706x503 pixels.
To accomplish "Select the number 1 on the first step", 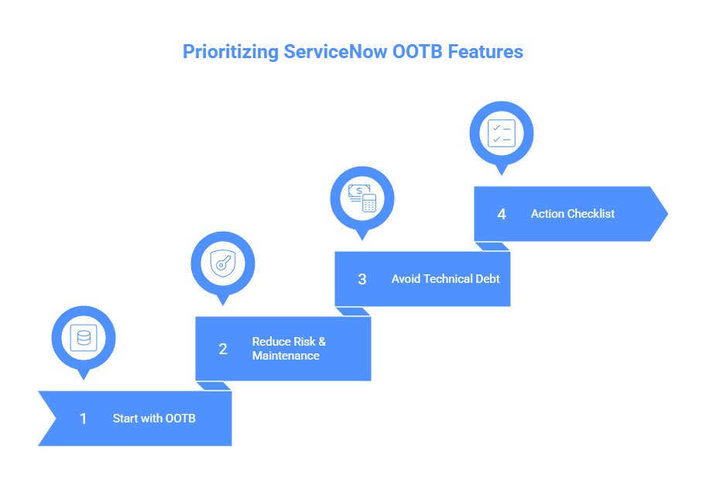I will pos(84,419).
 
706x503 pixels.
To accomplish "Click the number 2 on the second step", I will pos(223,349).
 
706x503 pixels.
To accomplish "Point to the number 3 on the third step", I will pos(362,279).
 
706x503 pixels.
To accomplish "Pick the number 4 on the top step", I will pos(502,214).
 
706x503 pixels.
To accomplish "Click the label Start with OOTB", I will pos(154,419).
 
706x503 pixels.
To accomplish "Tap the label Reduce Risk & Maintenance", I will pos(289,349).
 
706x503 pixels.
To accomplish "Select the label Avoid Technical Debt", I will pos(445,279).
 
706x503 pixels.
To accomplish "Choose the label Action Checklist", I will pos(573,214).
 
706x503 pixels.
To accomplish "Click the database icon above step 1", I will pos(84,338).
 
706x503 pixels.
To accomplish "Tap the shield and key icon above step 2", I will pos(223,264).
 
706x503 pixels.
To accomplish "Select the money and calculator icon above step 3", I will pos(362,198).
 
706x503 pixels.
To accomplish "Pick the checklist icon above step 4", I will pos(502,133).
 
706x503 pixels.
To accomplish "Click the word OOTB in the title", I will pos(419,52).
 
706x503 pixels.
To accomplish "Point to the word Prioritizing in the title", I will pos(230,52).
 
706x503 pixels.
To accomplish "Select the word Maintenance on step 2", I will pos(286,356).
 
